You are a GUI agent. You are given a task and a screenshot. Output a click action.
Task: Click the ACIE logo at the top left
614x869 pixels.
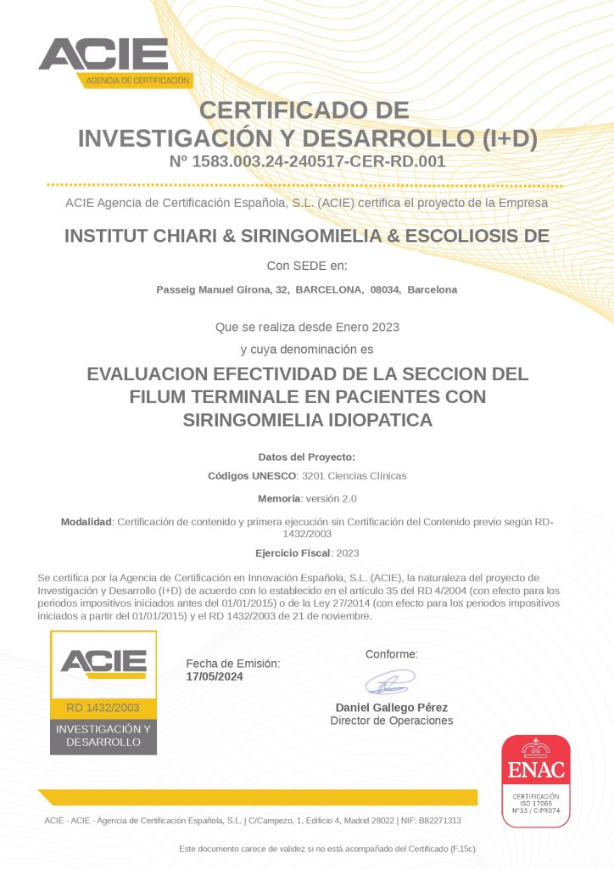pos(114,60)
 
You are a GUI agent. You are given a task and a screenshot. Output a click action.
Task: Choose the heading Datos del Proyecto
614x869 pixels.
pos(307,457)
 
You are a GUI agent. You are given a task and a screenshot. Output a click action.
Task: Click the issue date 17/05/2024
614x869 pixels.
pos(215,676)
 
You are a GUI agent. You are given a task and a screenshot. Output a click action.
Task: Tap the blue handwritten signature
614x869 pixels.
pos(390,681)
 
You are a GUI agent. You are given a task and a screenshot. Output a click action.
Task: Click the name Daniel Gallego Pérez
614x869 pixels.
pos(392,707)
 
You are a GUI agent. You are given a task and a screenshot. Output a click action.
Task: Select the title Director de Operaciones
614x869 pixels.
pos(392,720)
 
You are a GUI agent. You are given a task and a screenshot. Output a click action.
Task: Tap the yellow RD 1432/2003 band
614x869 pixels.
pos(103,708)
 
